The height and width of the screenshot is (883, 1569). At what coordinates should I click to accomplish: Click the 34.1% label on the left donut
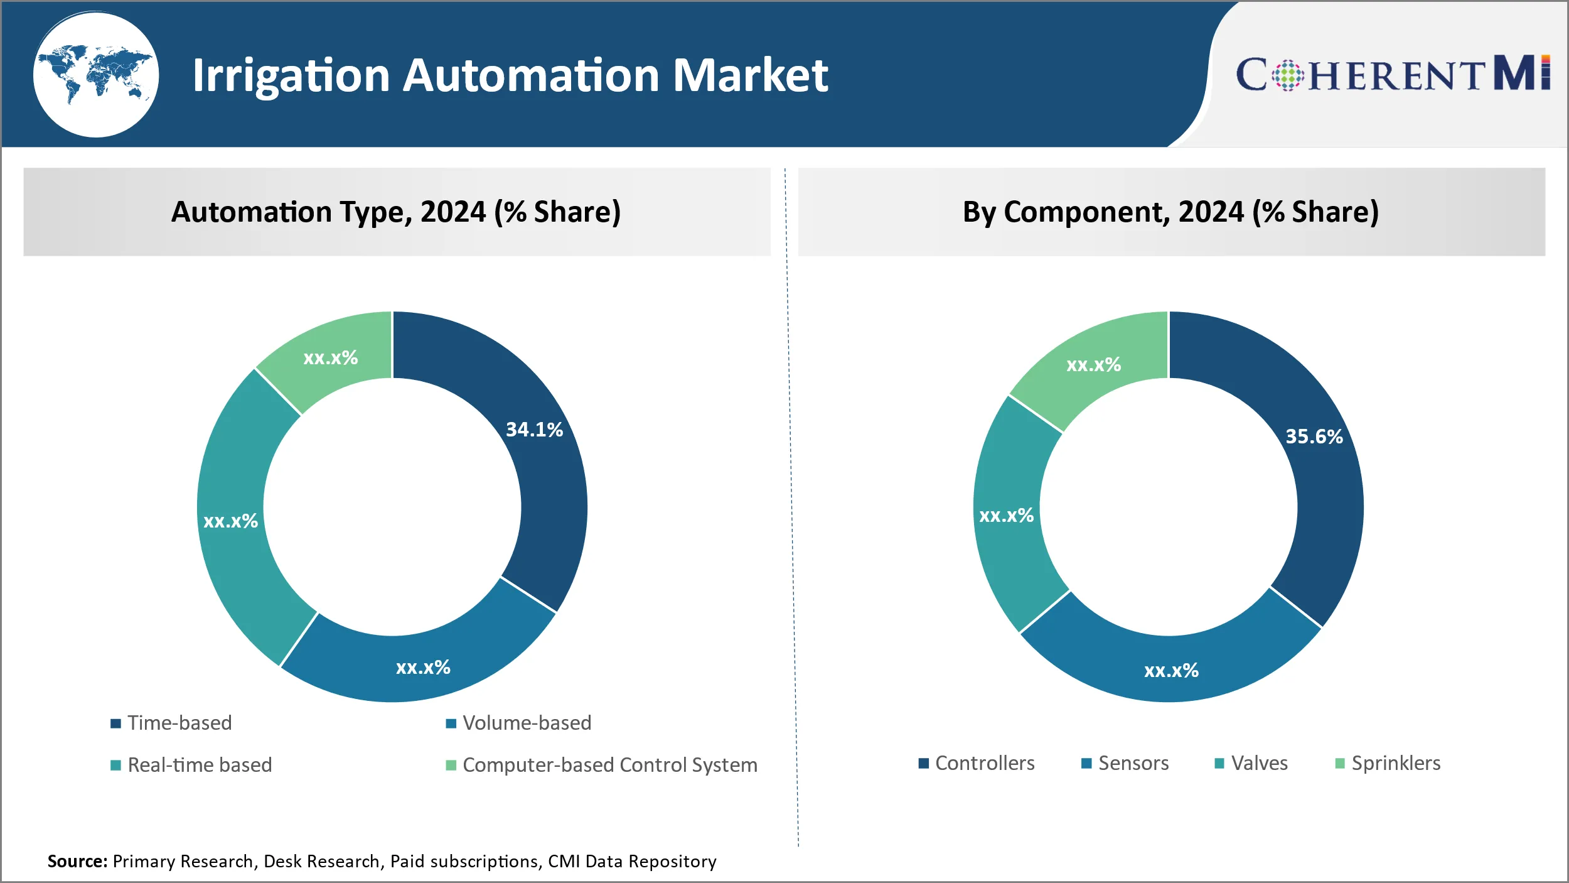pos(534,430)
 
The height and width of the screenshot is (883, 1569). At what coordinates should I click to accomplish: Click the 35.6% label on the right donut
pos(1314,436)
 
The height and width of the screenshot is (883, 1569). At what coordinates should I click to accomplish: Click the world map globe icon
pos(95,75)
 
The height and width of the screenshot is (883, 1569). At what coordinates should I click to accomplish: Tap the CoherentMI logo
pos(1392,74)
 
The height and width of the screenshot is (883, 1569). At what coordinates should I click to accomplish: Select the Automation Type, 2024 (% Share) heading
pos(396,212)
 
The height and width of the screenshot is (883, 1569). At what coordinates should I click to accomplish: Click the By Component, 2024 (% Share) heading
pos(1170,212)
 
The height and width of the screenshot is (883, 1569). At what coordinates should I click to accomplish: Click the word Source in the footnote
pos(77,861)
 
